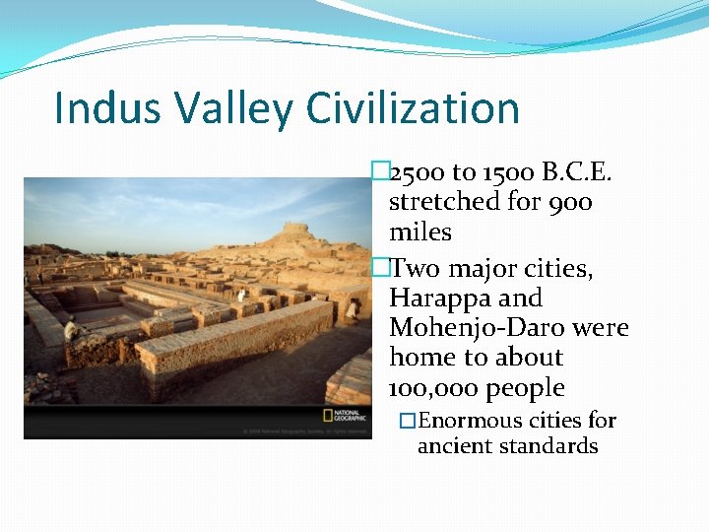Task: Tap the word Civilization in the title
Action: (x=414, y=107)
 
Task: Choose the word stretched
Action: (x=445, y=203)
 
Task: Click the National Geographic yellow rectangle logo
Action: (x=329, y=415)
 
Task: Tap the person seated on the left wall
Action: (x=70, y=329)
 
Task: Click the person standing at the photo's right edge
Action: (x=352, y=311)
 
